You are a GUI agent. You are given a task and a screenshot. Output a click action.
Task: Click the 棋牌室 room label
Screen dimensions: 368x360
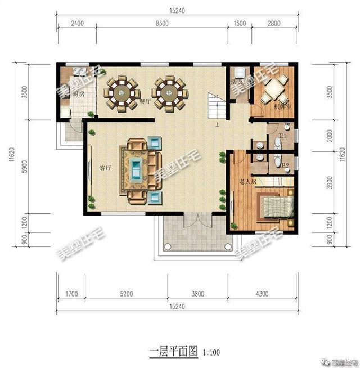(281, 107)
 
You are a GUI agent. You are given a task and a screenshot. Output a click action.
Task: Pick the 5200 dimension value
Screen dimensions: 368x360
(126, 293)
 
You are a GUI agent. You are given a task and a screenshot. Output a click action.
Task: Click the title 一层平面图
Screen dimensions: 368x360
(173, 352)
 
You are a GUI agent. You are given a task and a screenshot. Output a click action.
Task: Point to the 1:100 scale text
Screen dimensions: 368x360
(211, 353)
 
